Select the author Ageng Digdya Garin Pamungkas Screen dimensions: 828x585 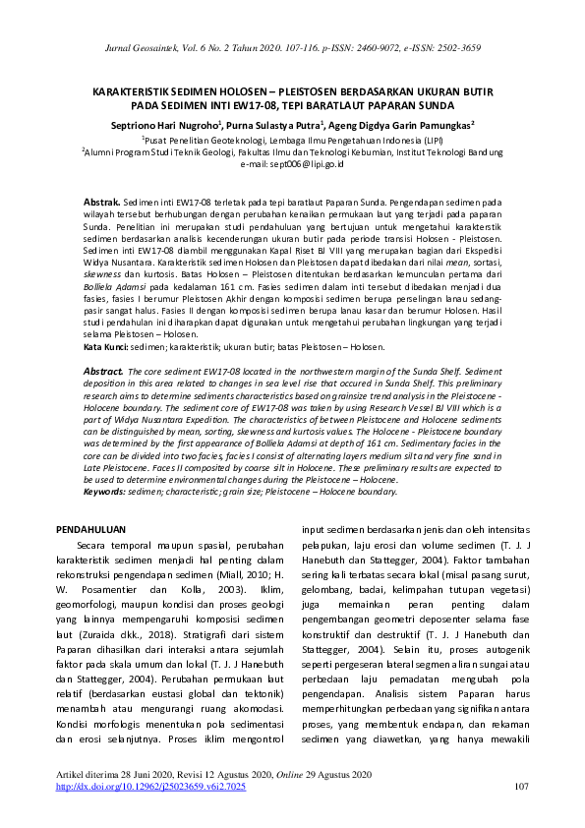click(x=412, y=125)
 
